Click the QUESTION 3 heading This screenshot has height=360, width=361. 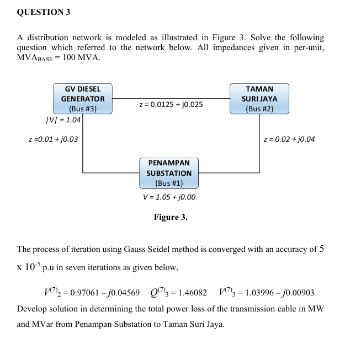click(44, 12)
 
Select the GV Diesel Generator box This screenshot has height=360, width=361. click(83, 99)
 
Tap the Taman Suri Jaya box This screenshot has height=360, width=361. click(259, 99)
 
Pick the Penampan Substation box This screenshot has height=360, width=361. click(169, 173)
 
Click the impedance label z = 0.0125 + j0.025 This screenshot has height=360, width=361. click(171, 104)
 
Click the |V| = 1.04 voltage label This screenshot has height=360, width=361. click(63, 120)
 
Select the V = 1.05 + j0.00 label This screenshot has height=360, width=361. click(169, 197)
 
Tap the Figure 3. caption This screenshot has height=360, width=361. click(171, 217)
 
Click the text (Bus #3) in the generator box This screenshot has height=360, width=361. click(82, 109)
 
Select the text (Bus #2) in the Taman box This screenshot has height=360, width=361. click(259, 109)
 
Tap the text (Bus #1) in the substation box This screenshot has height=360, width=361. click(169, 182)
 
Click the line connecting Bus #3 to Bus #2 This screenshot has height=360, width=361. click(171, 99)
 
